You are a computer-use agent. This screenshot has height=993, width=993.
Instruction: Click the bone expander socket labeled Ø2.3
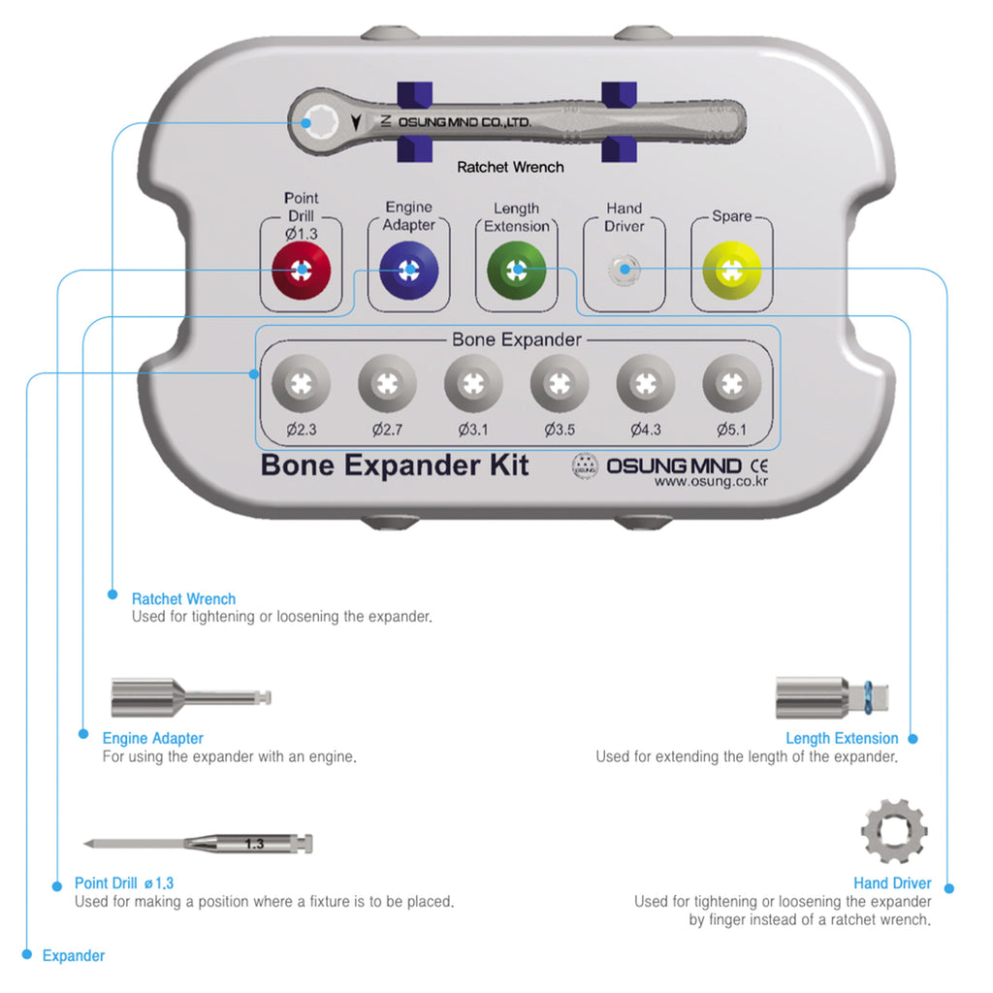click(x=301, y=383)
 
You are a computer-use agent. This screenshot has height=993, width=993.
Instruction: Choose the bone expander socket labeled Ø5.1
click(x=732, y=383)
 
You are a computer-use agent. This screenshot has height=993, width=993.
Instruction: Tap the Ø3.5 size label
click(x=560, y=428)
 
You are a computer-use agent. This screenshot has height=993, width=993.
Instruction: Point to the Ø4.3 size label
click(x=646, y=428)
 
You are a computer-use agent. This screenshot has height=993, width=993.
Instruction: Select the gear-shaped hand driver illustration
click(x=894, y=831)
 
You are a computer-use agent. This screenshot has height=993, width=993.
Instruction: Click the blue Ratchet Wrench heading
click(x=183, y=599)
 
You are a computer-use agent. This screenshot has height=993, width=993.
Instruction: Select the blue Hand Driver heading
click(x=892, y=883)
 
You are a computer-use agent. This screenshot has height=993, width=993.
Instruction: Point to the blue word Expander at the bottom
click(x=74, y=956)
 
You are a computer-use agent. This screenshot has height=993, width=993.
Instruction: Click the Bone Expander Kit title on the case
click(x=395, y=464)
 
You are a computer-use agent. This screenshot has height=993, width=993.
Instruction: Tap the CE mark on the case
click(x=759, y=464)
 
